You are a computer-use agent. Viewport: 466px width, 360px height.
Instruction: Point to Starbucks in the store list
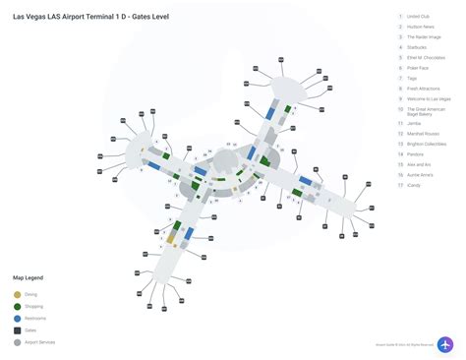(418, 47)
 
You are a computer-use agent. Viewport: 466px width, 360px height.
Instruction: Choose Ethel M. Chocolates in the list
(427, 58)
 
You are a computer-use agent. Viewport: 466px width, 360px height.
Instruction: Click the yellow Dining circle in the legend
(17, 294)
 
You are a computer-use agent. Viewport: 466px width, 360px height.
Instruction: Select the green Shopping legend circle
(17, 306)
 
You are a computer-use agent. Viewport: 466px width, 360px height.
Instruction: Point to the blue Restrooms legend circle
(17, 318)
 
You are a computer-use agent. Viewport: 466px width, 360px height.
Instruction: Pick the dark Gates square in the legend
(17, 330)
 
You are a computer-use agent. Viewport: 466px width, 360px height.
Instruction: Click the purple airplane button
(445, 344)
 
